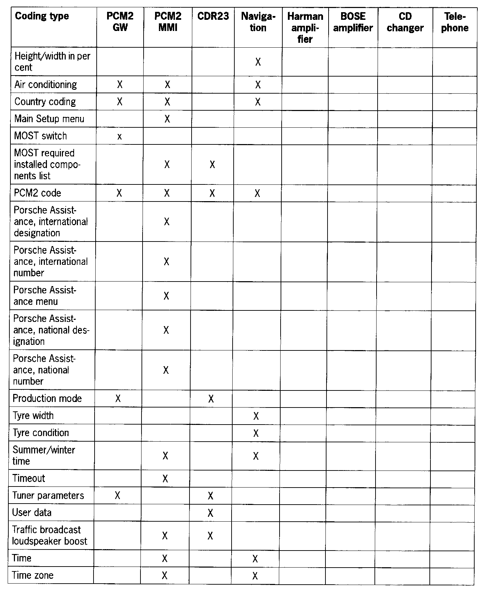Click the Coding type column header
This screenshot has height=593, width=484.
tap(42, 16)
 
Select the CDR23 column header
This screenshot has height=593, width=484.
tap(213, 16)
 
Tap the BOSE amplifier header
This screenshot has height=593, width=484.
tap(353, 22)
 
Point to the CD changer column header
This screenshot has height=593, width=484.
tap(405, 22)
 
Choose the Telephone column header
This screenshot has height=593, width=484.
tap(455, 22)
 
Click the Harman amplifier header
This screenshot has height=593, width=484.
tap(305, 27)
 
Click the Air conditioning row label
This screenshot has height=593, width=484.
tap(46, 85)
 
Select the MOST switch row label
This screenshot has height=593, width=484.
tap(40, 136)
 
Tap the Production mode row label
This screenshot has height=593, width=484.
tap(47, 398)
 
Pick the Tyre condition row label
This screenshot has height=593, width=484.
tap(41, 433)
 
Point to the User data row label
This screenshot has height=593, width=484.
tap(32, 513)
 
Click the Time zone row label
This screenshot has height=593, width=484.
tap(33, 575)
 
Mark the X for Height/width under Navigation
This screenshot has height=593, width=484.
tap(258, 62)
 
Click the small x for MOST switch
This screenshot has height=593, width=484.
tap(119, 137)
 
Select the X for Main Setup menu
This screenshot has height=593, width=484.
tap(167, 119)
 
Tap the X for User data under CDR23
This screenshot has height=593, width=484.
tap(210, 513)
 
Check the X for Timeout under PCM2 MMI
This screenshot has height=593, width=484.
tap(165, 479)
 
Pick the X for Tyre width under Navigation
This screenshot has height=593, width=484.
tap(256, 416)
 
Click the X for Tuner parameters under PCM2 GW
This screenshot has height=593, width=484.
tap(118, 496)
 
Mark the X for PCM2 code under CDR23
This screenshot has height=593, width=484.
tap(212, 193)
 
